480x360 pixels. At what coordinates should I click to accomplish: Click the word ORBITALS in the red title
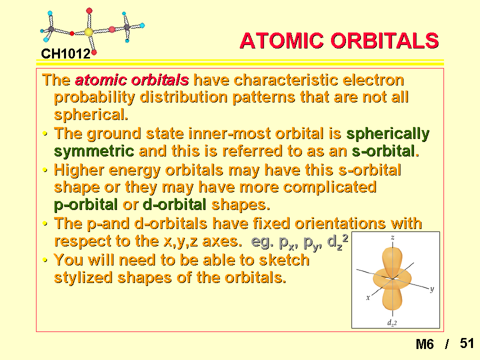(385, 40)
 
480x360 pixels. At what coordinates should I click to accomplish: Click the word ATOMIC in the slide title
(281, 40)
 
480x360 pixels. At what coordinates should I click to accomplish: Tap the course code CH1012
(66, 54)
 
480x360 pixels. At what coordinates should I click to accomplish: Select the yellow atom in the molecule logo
(89, 32)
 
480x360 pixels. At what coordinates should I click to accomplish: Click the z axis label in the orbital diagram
(392, 237)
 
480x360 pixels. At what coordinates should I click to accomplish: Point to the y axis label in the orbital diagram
(431, 288)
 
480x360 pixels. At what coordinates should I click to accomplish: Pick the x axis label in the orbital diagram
(368, 297)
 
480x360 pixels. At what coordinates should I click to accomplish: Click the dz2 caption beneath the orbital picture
(392, 322)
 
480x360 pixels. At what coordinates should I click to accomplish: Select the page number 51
(467, 343)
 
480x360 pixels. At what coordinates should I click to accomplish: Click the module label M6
(424, 344)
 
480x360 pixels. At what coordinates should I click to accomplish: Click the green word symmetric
(94, 151)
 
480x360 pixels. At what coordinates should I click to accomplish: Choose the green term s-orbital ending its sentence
(385, 151)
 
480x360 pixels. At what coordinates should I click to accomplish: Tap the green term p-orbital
(85, 205)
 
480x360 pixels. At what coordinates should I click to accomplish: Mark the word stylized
(83, 277)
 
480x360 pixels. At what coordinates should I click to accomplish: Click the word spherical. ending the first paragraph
(91, 115)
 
